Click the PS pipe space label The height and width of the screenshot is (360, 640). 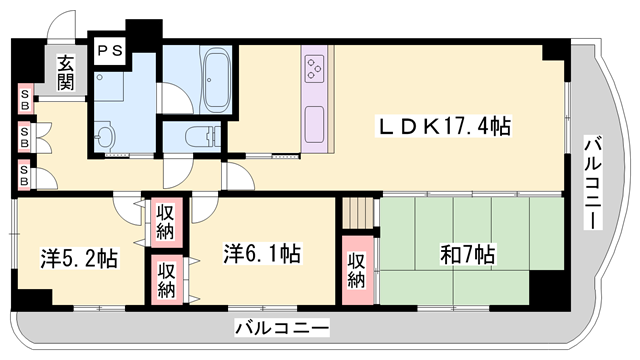tap(110, 51)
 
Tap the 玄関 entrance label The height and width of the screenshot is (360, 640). tap(65, 73)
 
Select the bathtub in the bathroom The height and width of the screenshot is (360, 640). tap(216, 79)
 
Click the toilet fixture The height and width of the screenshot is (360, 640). tap(203, 136)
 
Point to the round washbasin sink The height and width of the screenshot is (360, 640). tap(105, 135)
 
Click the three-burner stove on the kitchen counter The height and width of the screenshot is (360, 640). tap(314, 68)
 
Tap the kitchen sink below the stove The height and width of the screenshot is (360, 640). tap(314, 124)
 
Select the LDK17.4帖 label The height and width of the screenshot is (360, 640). tap(444, 127)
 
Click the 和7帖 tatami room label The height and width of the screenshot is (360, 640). tap(468, 254)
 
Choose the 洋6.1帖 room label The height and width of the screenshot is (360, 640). tap(262, 253)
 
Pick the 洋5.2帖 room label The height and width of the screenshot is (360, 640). tap(79, 258)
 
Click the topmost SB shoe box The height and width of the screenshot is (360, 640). tap(25, 100)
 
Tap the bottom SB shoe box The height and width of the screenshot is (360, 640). tap(24, 176)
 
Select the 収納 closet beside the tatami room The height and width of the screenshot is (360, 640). tap(357, 270)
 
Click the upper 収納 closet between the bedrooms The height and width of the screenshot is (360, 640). tap(166, 222)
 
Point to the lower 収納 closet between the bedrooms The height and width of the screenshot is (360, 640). tap(167, 280)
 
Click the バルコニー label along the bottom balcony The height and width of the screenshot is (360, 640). tap(282, 328)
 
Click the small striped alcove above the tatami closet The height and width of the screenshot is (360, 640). tap(358, 213)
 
